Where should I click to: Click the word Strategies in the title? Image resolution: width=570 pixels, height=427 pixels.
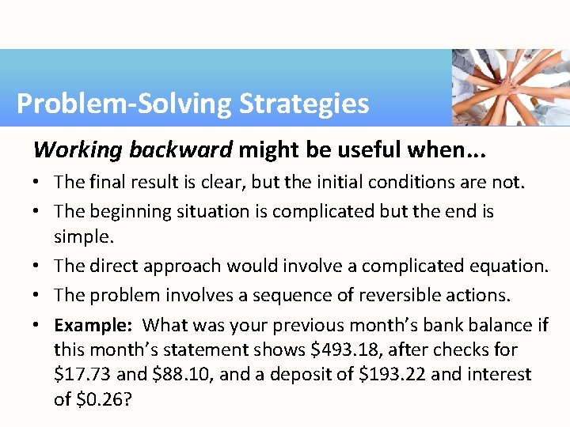click(304, 104)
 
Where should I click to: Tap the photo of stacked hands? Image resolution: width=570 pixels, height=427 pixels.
click(511, 87)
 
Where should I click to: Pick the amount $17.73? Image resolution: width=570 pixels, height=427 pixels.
click(83, 374)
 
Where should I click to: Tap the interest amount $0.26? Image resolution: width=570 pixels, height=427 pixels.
click(103, 399)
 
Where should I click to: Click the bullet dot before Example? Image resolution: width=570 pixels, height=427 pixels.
click(38, 325)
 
